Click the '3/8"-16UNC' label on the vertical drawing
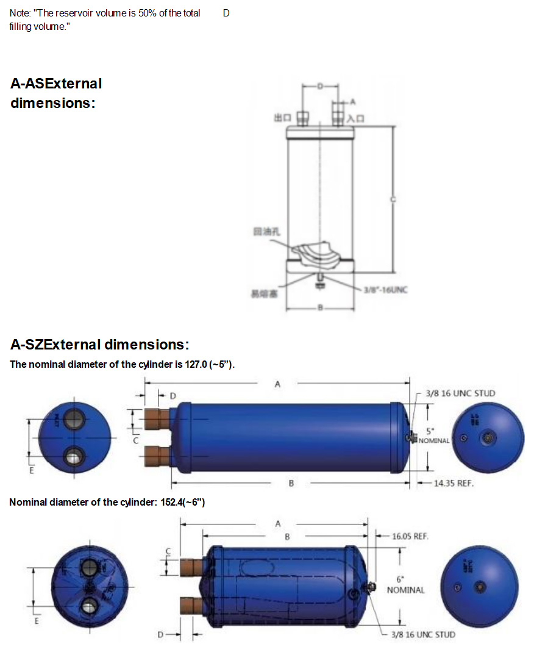click(385, 290)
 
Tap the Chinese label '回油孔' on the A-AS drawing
click(263, 232)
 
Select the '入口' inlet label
click(355, 118)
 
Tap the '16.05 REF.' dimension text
click(410, 537)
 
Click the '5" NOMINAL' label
click(433, 436)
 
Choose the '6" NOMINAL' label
click(405, 585)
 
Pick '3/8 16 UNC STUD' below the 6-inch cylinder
click(422, 635)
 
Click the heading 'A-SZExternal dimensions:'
click(100, 345)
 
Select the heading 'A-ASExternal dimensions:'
click(56, 93)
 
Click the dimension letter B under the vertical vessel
click(319, 307)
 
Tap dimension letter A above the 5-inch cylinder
click(277, 384)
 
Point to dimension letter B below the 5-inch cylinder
click(291, 483)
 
